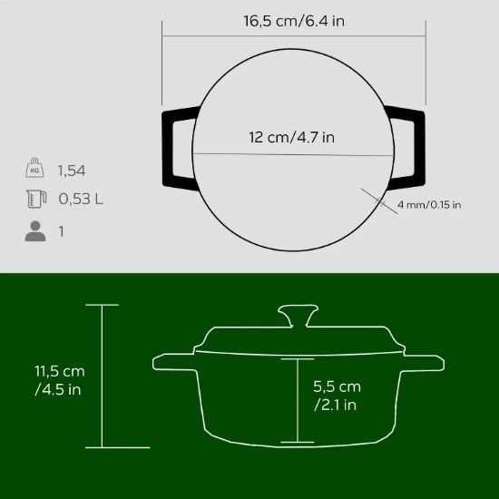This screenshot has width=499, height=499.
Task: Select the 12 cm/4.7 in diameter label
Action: (x=291, y=137)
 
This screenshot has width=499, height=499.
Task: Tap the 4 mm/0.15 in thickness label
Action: (x=429, y=205)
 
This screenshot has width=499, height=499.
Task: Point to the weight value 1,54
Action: (x=72, y=170)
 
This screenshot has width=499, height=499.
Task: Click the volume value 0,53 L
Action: (x=80, y=200)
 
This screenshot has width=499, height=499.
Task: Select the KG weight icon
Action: (x=35, y=169)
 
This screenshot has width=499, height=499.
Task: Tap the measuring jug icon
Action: (x=35, y=200)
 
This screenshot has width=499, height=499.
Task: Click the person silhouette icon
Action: (x=35, y=231)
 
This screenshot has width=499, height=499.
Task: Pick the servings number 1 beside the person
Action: (x=62, y=231)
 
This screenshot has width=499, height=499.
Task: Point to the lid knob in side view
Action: (x=297, y=317)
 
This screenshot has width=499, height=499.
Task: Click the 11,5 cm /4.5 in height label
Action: (x=61, y=381)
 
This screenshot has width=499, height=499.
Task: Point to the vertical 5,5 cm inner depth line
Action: (x=297, y=399)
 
